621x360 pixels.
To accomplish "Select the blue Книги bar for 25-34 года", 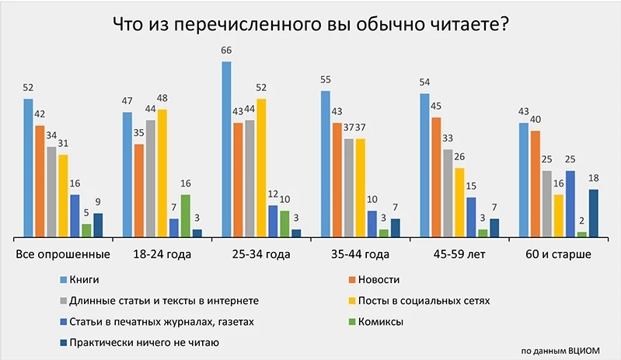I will [x=226, y=149].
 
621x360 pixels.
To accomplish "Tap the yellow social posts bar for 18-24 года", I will [x=162, y=173].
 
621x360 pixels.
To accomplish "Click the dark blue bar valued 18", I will [x=594, y=212].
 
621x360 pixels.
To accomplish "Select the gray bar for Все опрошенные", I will [x=51, y=191].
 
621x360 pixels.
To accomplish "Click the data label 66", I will [x=226, y=51].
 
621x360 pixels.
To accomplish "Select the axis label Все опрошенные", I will [x=63, y=254].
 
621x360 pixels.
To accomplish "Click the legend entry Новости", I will [x=381, y=279].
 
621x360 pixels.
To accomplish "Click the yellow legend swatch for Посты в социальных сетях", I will [x=352, y=300].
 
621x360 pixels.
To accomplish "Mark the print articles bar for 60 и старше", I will [x=570, y=203].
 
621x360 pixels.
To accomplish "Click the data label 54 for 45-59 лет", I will [x=424, y=83].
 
